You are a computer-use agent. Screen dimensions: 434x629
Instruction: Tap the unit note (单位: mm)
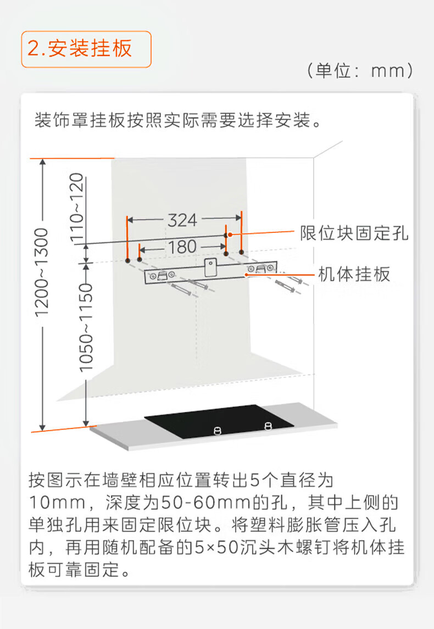[360, 71]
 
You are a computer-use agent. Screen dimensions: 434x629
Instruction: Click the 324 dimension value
[182, 220]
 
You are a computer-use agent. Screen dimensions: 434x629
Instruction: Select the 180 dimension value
[182, 247]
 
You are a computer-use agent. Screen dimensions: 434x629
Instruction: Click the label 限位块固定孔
[354, 233]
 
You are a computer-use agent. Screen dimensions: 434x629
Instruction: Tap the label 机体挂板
[354, 274]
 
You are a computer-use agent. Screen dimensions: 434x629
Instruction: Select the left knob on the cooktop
[217, 431]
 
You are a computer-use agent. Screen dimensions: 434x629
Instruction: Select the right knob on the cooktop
[268, 425]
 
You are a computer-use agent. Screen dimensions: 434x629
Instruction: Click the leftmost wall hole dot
[127, 259]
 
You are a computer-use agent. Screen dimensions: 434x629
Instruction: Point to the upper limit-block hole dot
[226, 235]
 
